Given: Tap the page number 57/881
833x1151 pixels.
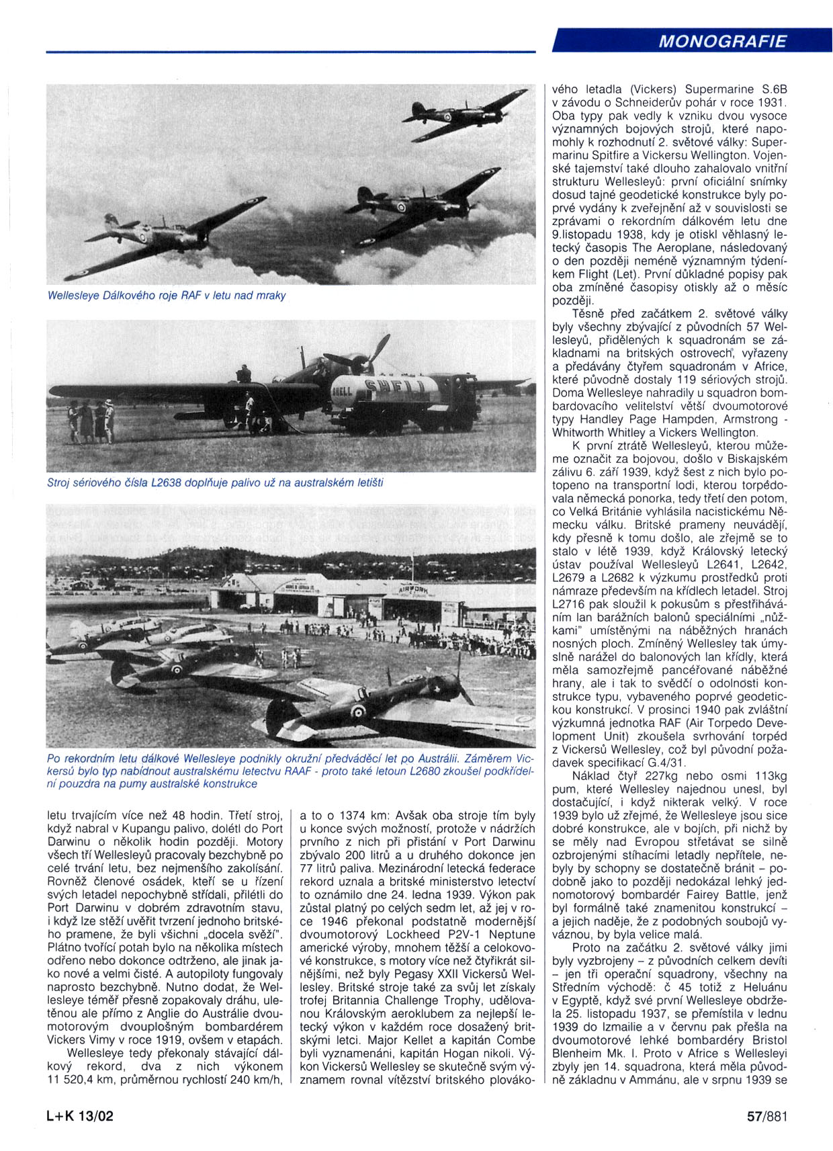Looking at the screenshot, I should (x=766, y=1116).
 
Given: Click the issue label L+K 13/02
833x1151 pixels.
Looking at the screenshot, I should (x=81, y=1116).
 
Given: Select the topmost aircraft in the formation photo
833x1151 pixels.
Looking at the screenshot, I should (x=464, y=114).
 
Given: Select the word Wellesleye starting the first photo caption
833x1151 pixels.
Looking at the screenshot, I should (x=73, y=295).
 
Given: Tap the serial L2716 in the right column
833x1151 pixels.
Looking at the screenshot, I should (x=573, y=604).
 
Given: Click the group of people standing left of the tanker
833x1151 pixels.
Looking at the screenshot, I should (x=91, y=421).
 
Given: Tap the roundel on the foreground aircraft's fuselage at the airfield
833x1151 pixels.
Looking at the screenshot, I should (x=357, y=712).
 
